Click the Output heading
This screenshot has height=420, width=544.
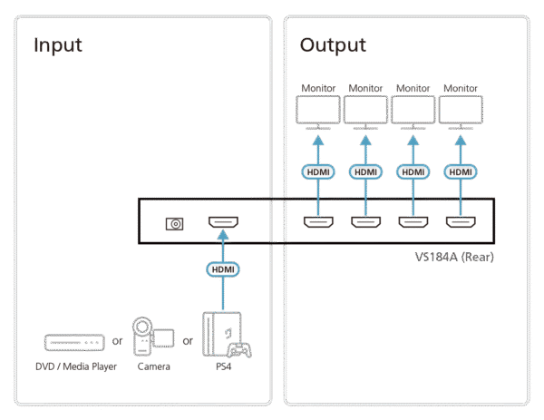point(333,45)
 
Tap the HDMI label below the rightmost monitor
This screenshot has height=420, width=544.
point(461,171)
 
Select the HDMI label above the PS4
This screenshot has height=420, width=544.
point(223,270)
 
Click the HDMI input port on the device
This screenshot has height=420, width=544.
point(223,223)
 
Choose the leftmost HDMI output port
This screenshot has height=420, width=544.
point(316,223)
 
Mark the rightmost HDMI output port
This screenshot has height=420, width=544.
point(461,223)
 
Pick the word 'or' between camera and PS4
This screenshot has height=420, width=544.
point(188,342)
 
